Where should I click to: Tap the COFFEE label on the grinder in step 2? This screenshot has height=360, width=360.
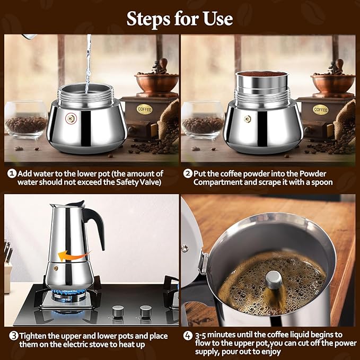point(320,109)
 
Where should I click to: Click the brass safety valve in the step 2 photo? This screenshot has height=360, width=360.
point(247,118)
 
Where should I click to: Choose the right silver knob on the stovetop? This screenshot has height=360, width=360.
point(145,310)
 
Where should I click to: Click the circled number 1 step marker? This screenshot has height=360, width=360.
point(11,173)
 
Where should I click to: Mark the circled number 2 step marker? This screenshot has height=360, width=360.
point(187,173)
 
